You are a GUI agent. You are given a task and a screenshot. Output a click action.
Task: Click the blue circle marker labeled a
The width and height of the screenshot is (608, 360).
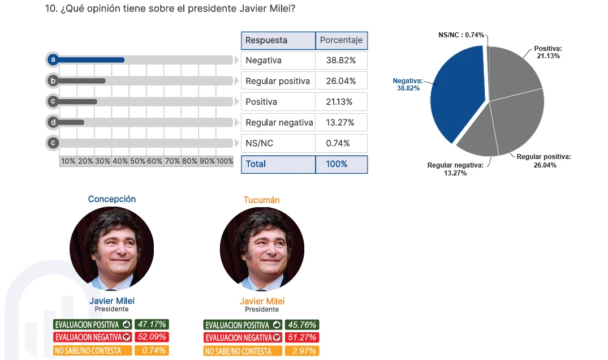coord(53,60)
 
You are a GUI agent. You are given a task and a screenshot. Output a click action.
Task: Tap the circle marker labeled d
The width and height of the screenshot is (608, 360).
coord(53,123)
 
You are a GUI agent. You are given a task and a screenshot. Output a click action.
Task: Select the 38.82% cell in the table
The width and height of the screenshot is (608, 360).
coord(341,61)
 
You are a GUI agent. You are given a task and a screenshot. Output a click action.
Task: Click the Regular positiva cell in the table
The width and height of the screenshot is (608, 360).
coord(278,81)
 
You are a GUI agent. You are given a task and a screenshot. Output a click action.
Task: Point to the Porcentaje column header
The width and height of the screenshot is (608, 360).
coord(342,40)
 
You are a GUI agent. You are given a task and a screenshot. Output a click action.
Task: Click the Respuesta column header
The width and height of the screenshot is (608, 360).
coord(278,40)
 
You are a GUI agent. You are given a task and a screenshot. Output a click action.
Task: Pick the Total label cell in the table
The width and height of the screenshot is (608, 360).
coord(278,164)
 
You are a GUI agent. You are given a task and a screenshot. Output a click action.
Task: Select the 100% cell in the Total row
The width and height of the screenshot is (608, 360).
coord(342,164)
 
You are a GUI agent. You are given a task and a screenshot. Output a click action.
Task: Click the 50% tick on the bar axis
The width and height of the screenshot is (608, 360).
coord(137,161)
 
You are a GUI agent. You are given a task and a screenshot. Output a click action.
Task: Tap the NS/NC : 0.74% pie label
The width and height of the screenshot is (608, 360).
coord(461,35)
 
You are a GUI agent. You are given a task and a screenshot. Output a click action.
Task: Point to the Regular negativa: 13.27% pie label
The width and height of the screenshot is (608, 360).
coord(455,169)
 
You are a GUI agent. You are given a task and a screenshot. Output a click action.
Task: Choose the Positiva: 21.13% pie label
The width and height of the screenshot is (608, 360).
coord(548,52)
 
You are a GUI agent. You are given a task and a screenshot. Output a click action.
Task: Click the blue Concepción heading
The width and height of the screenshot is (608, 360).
coord(111,199)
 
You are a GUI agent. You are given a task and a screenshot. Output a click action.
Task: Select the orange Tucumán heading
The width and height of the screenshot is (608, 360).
coord(262,200)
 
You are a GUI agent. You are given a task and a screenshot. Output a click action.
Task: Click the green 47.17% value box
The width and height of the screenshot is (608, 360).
coord(152,324)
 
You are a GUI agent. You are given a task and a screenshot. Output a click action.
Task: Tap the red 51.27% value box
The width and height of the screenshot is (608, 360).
coord(302,337)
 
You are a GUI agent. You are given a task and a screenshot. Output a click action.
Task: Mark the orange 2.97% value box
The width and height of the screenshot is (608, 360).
coord(302,351)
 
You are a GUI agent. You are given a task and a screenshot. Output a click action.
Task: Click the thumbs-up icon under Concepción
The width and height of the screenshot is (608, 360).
coord(127,324)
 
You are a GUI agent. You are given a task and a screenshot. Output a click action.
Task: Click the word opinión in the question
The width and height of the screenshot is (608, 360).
coord(104,8)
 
